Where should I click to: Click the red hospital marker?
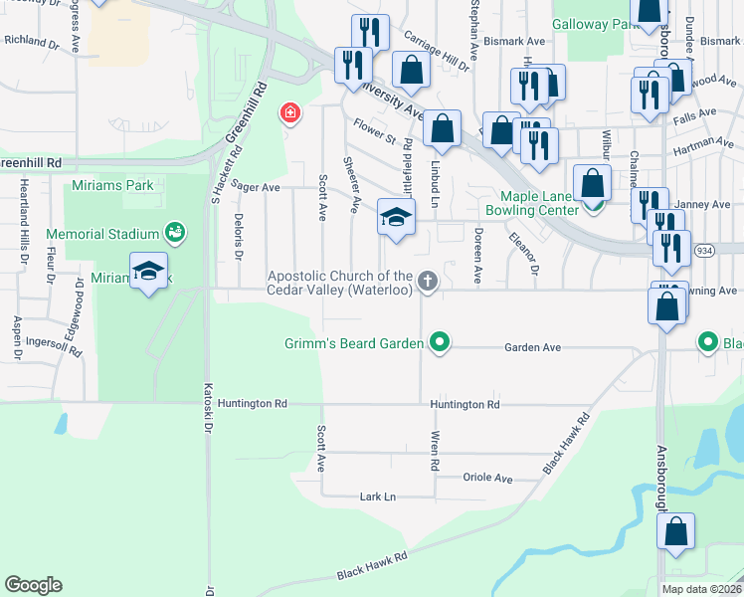[290, 113]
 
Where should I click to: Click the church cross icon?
[428, 282]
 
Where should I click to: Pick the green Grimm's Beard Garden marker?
[438, 344]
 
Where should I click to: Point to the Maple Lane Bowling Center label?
[531, 203]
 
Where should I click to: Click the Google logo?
[33, 585]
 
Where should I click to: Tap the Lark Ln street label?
[377, 497]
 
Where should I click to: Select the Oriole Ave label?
[487, 478]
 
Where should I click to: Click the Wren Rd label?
[434, 450]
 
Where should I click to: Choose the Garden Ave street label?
[533, 348]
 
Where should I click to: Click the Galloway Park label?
[593, 24]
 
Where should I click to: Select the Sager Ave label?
[256, 186]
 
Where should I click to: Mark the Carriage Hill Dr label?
[435, 50]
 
